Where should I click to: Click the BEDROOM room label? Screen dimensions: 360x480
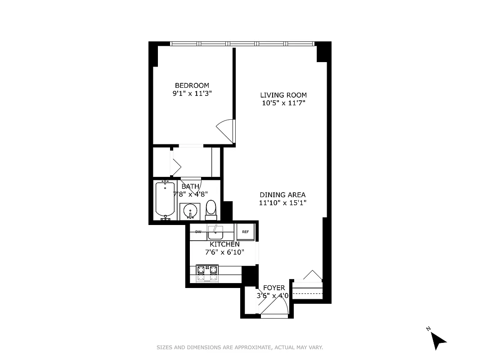pyautogui.click(x=192, y=85)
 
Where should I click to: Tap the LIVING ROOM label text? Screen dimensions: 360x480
pyautogui.click(x=283, y=95)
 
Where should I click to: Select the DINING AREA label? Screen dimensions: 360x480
pyautogui.click(x=283, y=195)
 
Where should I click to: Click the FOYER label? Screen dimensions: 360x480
pyautogui.click(x=274, y=288)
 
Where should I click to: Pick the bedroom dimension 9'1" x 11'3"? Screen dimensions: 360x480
pyautogui.click(x=192, y=94)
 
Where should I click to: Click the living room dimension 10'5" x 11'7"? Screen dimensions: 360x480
pyautogui.click(x=283, y=103)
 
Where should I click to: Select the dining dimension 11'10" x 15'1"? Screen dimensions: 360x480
pyautogui.click(x=283, y=203)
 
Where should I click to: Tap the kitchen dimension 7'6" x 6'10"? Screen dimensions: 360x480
pyautogui.click(x=224, y=252)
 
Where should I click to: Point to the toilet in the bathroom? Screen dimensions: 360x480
pyautogui.click(x=211, y=209)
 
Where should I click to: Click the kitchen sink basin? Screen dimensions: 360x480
pyautogui.click(x=215, y=232)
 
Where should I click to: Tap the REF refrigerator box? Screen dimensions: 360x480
pyautogui.click(x=246, y=232)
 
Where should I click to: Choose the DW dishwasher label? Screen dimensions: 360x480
pyautogui.click(x=198, y=232)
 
